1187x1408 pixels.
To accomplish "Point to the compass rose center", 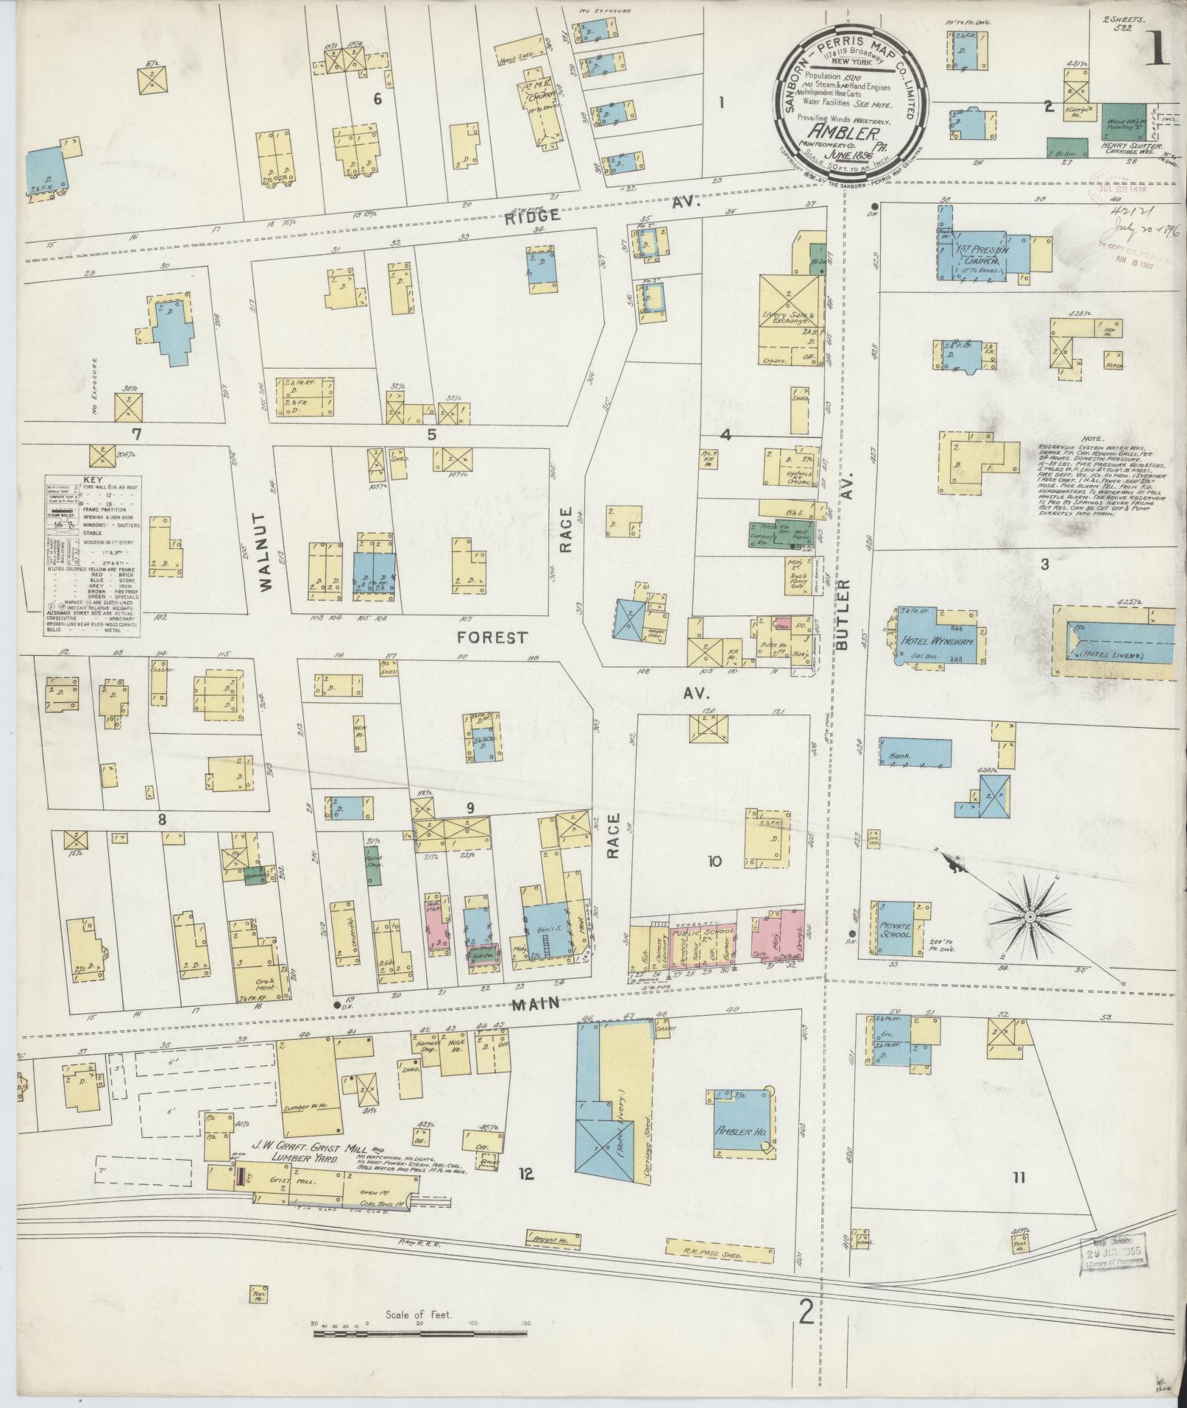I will [x=1030, y=916].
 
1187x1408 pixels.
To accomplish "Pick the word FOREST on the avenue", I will [x=492, y=637].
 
